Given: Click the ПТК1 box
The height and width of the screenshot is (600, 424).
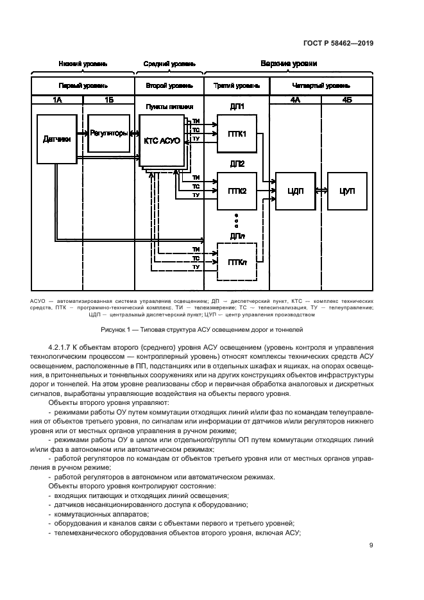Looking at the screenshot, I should point(237,133).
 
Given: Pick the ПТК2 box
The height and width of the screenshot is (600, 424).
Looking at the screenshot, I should point(237,191).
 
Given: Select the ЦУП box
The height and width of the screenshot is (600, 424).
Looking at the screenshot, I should point(347,191).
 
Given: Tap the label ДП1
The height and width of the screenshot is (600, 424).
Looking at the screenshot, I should point(237,107).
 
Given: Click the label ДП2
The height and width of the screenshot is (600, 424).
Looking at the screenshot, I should point(237,164).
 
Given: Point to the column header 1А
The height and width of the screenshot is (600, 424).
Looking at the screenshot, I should point(58,99).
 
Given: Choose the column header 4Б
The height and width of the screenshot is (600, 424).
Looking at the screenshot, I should point(347,99).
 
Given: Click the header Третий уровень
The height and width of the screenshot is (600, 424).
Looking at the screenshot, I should point(237,85).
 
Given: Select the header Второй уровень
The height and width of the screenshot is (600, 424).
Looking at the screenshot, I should point(169,85).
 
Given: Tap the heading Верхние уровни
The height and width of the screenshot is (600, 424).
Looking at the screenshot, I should point(288,64).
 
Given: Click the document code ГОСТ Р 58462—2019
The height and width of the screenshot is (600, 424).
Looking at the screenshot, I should point(337,44).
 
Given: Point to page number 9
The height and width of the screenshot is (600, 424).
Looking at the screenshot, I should point(371,545).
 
